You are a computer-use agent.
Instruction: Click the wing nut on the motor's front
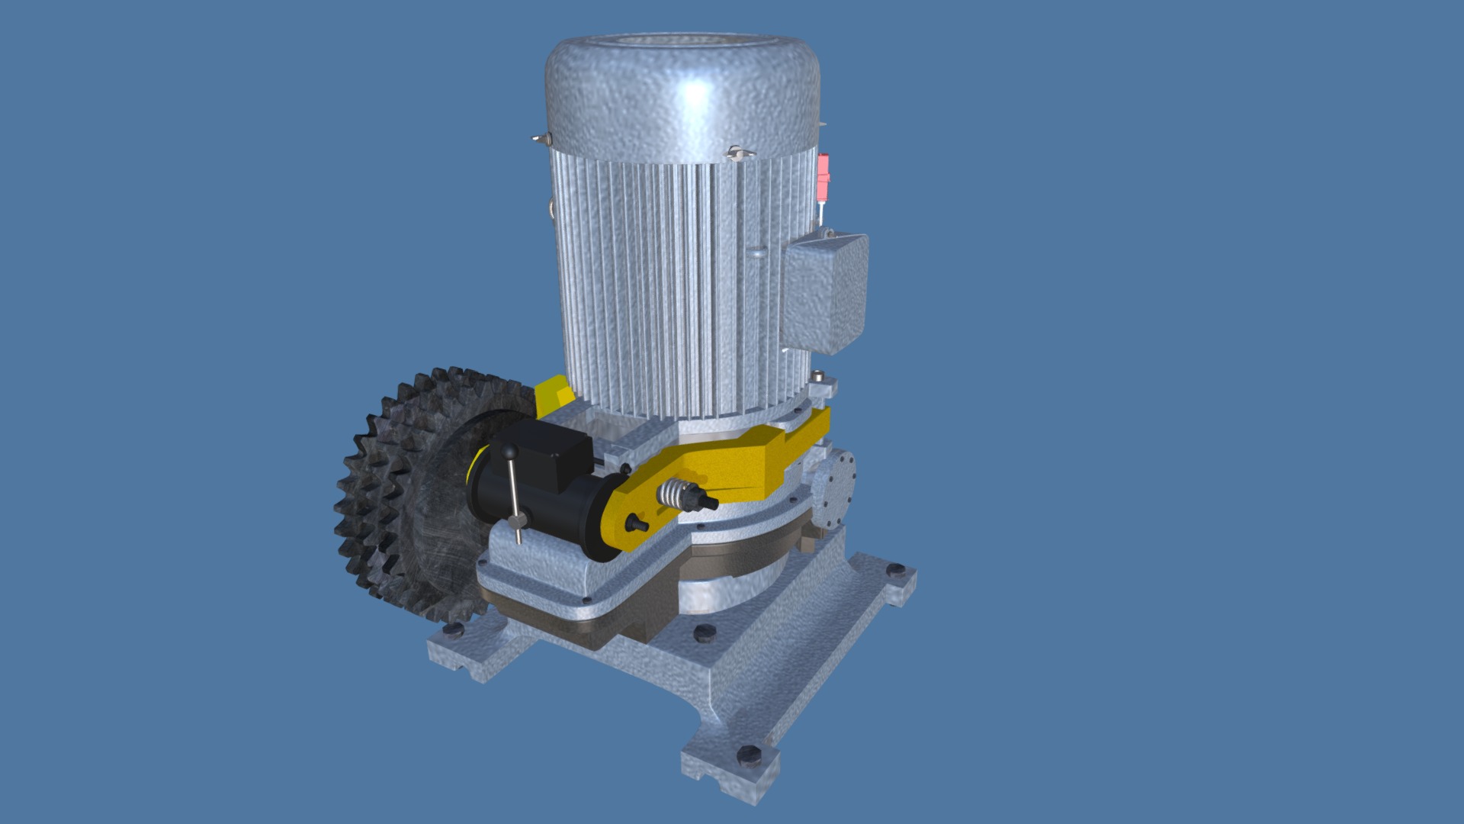point(737,153)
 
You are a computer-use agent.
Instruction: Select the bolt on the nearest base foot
point(749,755)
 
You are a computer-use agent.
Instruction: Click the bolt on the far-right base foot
point(895,570)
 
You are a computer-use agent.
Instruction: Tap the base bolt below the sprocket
point(454,629)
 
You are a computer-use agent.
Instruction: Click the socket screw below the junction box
point(818,376)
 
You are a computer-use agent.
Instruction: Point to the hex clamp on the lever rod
point(518,521)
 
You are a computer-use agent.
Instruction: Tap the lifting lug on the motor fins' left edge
point(550,210)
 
